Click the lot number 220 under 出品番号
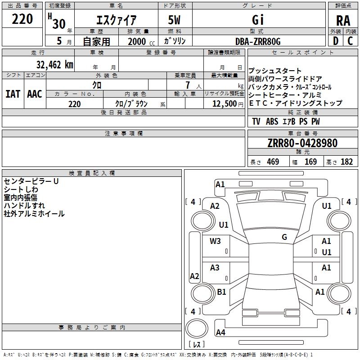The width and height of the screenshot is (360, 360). point(22,19)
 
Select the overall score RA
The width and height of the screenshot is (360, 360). point(343,20)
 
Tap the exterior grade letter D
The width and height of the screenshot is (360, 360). point(335,40)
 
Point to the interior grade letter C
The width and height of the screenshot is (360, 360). point(350,40)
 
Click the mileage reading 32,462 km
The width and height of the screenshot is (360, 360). point(54,64)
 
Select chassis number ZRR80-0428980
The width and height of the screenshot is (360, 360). point(302,143)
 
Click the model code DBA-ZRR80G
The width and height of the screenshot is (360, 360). point(258,41)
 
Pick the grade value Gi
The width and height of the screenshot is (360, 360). point(258,20)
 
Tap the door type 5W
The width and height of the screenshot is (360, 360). point(175,20)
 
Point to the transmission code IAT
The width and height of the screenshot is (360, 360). point(13,94)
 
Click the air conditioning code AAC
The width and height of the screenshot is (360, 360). point(34,94)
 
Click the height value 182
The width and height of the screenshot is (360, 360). point(346,162)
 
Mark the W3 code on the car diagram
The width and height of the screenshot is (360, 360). point(215,241)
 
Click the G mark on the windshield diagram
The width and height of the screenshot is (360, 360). point(284,237)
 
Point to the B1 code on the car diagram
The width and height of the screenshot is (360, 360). point(221,292)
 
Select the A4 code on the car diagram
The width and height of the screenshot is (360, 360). point(220,333)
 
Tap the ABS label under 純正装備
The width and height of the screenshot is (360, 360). point(272,121)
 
